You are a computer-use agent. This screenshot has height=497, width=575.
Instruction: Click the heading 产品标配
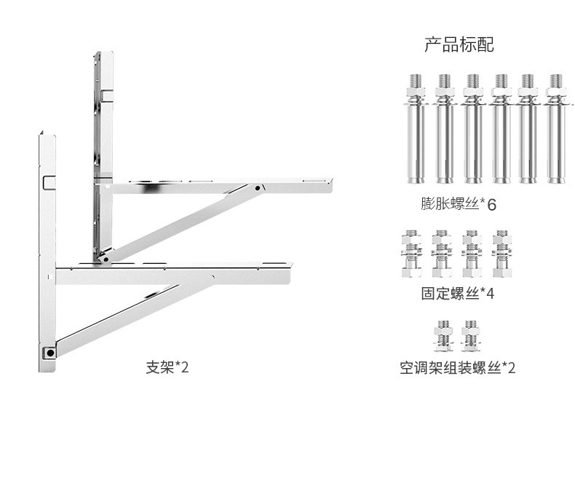point(459,45)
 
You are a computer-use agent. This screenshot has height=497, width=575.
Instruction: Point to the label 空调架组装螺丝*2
point(457,368)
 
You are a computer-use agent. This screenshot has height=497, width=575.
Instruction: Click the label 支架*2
point(167,367)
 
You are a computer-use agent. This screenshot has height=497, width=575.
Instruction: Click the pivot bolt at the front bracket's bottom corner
point(49,353)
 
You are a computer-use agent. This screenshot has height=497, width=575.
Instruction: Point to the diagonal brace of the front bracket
point(131,318)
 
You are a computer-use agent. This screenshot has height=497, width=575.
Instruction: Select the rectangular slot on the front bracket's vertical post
point(49,181)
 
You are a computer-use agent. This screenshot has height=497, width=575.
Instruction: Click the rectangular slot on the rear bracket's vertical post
point(106,95)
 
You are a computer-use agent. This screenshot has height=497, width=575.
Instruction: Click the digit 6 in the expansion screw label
point(491,205)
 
